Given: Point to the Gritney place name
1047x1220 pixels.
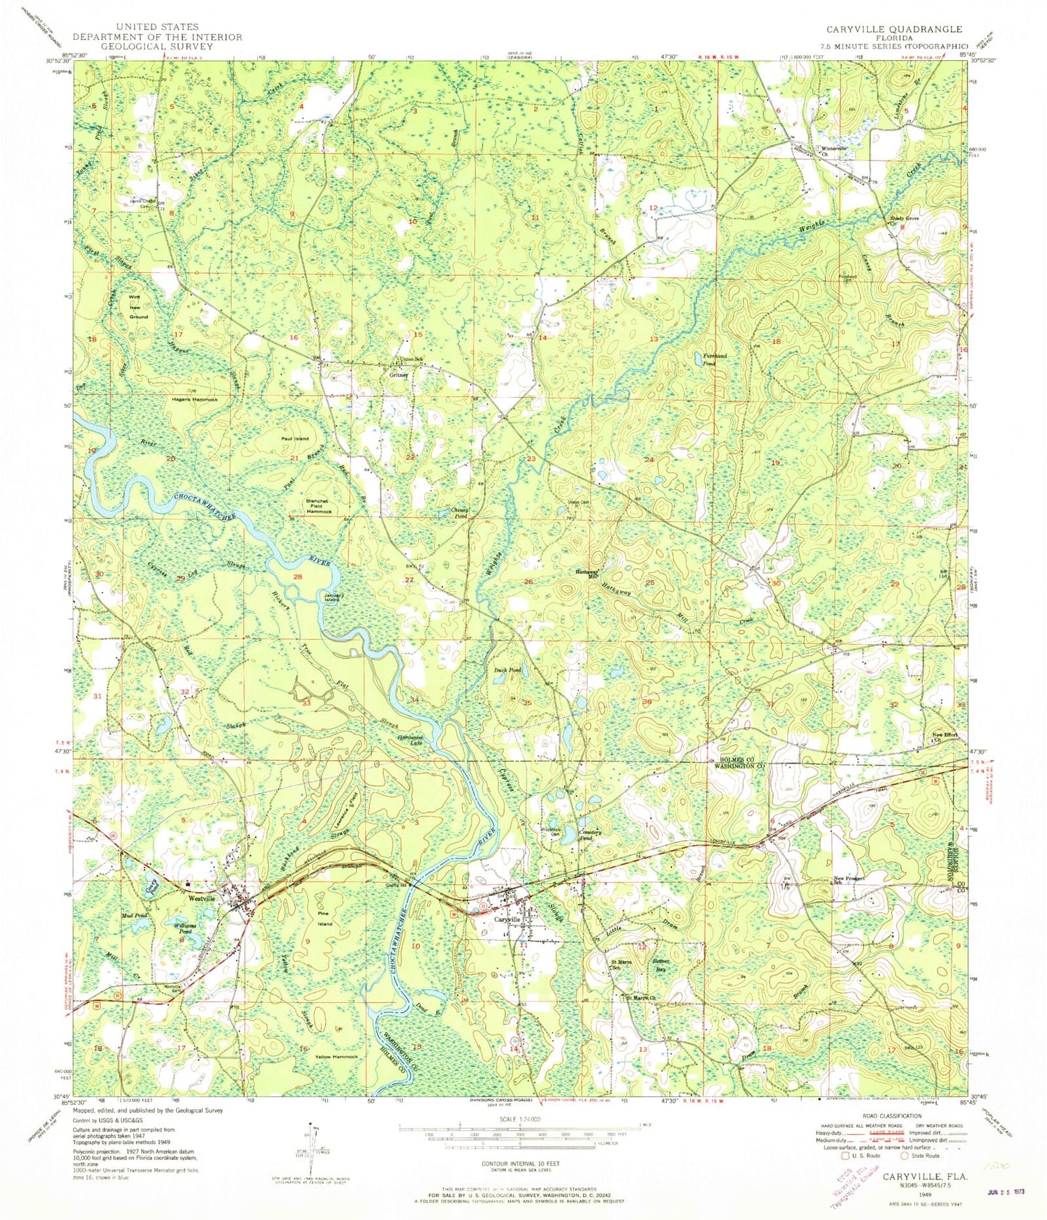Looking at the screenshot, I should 399,375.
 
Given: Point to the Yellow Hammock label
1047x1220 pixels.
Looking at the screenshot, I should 336,1057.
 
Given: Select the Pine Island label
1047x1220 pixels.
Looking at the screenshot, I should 325,918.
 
